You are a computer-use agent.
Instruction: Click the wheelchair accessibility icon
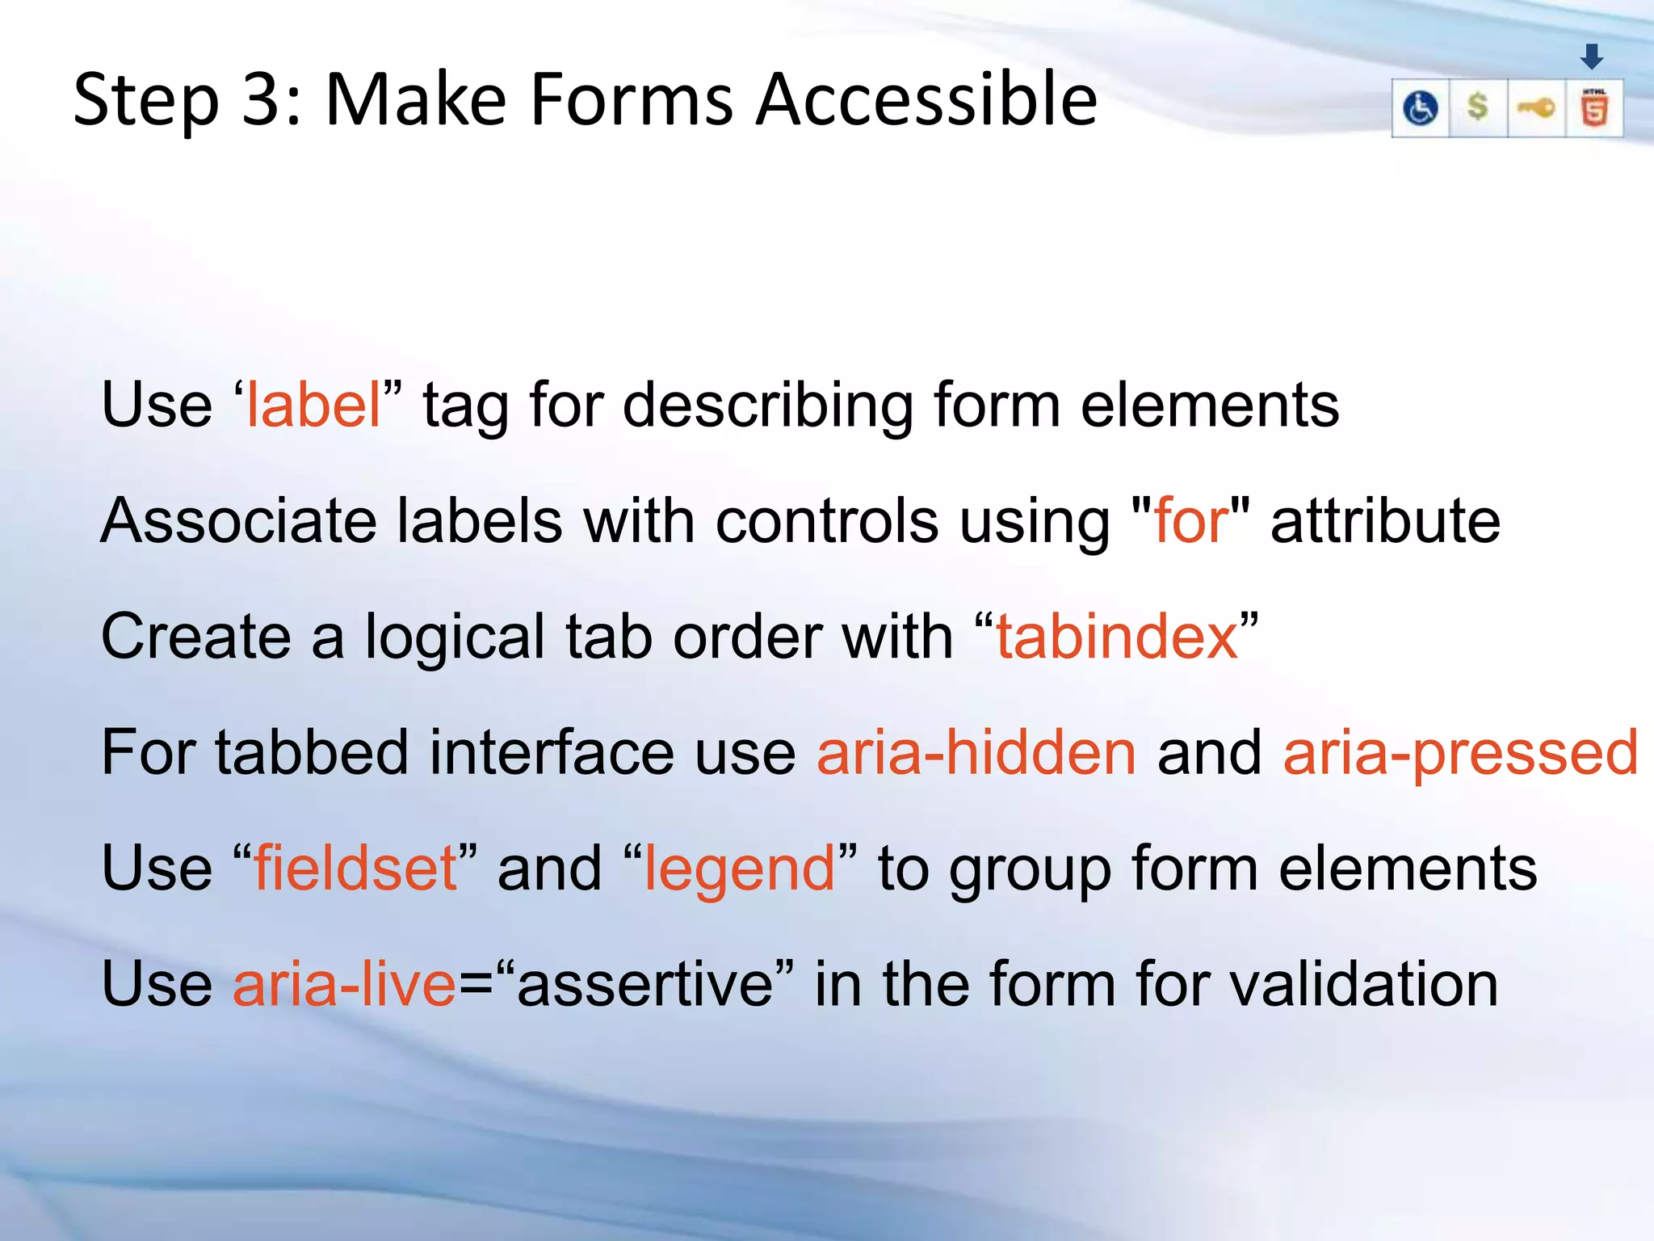pyautogui.click(x=1421, y=108)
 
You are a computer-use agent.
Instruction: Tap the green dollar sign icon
pyautogui.click(x=1477, y=107)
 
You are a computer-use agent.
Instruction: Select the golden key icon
pyautogui.click(x=1536, y=107)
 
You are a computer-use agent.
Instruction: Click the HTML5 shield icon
pyautogui.click(x=1594, y=108)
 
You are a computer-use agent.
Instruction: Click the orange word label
pyautogui.click(x=313, y=405)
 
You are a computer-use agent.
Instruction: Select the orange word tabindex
pyautogui.click(x=1117, y=637)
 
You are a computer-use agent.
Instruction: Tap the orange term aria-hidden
pyautogui.click(x=976, y=752)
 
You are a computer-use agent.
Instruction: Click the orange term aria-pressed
pyautogui.click(x=1460, y=752)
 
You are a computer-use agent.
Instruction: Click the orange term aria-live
pyautogui.click(x=345, y=984)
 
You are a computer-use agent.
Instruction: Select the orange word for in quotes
pyautogui.click(x=1191, y=521)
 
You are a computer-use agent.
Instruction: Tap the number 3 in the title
pyautogui.click(x=261, y=100)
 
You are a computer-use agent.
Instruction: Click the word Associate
pyautogui.click(x=238, y=521)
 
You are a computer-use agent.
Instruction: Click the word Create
pyautogui.click(x=195, y=637)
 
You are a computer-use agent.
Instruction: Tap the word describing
pyautogui.click(x=767, y=405)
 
